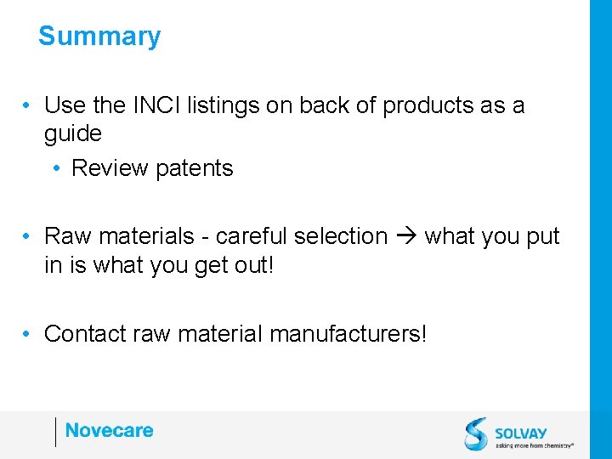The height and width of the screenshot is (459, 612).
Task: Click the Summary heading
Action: tap(99, 37)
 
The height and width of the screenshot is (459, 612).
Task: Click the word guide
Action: tap(72, 134)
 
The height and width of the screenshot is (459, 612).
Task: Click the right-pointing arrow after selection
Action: tap(406, 236)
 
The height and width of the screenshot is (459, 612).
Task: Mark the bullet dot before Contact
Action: tap(28, 334)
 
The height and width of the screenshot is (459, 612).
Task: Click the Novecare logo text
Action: tap(109, 431)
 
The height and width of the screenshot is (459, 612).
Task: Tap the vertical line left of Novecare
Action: tap(55, 432)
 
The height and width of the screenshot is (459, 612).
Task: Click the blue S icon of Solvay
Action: tap(476, 433)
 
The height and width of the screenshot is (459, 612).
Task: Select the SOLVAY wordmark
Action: tap(521, 433)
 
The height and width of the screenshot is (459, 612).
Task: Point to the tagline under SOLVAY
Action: tap(534, 445)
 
